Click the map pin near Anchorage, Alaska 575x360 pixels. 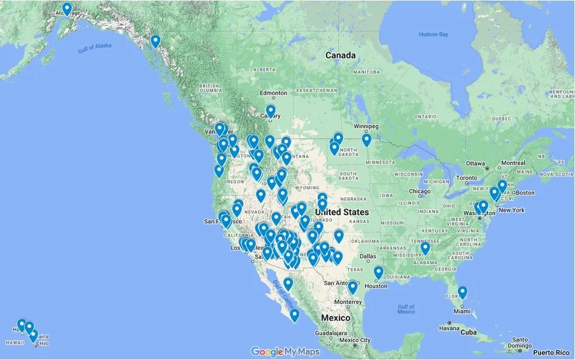[x=67, y=9]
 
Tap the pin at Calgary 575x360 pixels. [x=271, y=111]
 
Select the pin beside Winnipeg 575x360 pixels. [x=366, y=140]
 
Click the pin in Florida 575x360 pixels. [x=462, y=292]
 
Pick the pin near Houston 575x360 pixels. [x=378, y=272]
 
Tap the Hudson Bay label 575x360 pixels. [x=433, y=34]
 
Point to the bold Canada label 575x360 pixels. [x=340, y=56]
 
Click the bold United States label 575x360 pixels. [x=342, y=212]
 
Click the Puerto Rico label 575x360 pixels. [x=554, y=352]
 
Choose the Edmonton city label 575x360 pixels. [x=273, y=93]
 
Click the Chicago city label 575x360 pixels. [x=420, y=192]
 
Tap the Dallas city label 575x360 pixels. [x=369, y=256]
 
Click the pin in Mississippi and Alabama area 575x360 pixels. [x=425, y=248]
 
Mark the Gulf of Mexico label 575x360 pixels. [x=406, y=309]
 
